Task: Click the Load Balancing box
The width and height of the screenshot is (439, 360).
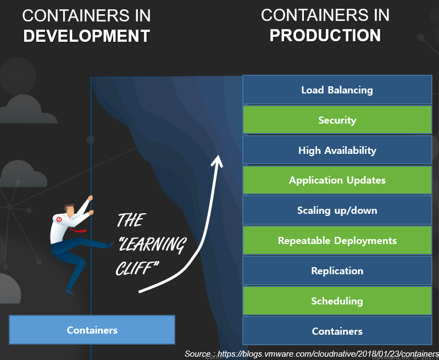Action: pos(337,90)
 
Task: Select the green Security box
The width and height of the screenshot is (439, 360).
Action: pos(337,120)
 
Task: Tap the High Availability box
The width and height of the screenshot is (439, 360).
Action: pos(337,150)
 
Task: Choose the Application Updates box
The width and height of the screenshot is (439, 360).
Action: pos(337,180)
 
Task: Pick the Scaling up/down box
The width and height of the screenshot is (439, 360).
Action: pos(337,211)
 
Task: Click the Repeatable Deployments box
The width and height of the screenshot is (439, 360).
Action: pos(337,241)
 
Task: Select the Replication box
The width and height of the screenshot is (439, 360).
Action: pos(337,271)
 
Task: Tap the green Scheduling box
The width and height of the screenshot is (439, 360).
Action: pos(337,301)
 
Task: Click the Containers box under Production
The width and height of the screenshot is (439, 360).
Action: pos(337,331)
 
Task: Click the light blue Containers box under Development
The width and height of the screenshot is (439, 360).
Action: pos(92,330)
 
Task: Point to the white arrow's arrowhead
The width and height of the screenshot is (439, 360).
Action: pos(218,159)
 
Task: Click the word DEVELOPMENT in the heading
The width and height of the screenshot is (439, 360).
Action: pos(86,36)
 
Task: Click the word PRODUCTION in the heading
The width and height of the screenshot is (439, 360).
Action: pos(325,35)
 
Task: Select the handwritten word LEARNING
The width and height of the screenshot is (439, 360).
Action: pos(153,244)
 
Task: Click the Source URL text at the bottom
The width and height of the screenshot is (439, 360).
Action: pos(311,353)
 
